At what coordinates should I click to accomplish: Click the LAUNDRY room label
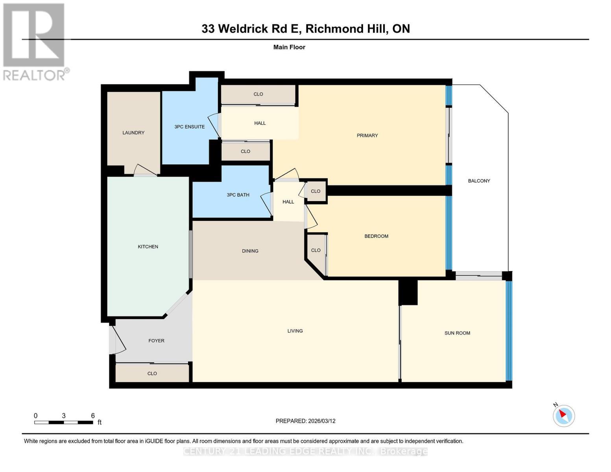tap(133, 133)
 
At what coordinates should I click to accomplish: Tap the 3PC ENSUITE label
tap(189, 127)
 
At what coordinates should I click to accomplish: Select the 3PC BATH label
tap(238, 195)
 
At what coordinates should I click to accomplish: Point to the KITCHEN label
tap(148, 247)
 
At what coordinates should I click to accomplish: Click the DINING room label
tap(250, 251)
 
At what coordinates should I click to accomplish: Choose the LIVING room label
tap(295, 331)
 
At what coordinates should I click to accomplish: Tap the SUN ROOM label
tap(457, 333)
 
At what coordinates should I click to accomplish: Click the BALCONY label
tap(479, 181)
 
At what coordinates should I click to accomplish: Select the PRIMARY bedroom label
tap(367, 135)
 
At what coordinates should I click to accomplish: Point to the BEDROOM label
tap(376, 236)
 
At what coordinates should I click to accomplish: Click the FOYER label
tap(156, 341)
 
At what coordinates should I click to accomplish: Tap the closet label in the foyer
tap(152, 373)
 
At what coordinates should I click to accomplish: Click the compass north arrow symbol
tap(564, 415)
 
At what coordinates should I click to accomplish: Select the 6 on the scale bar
tap(93, 416)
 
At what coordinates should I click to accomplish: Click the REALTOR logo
tap(35, 41)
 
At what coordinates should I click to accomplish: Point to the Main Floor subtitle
tap(289, 47)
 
